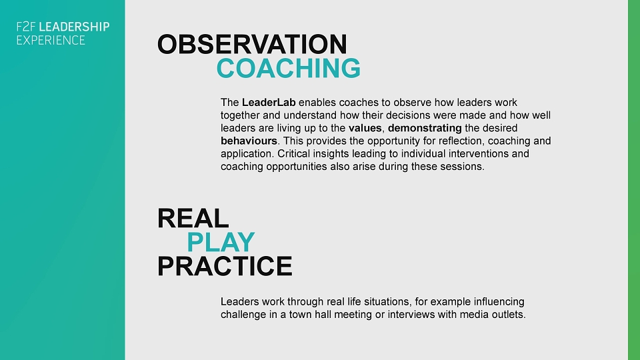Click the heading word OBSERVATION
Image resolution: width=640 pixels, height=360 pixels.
pyautogui.click(x=252, y=44)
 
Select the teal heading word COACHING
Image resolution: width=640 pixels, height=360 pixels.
pyautogui.click(x=289, y=68)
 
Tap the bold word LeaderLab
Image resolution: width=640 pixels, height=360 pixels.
pyautogui.click(x=269, y=102)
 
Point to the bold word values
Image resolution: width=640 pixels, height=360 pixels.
pyautogui.click(x=365, y=128)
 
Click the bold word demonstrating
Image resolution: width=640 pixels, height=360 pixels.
pyautogui.click(x=425, y=128)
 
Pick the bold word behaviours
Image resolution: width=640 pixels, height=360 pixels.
pyautogui.click(x=249, y=141)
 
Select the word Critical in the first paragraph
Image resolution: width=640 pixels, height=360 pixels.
pyautogui.click(x=293, y=153)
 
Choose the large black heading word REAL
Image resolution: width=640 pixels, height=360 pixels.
pyautogui.click(x=193, y=219)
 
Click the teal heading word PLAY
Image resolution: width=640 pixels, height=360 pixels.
pyautogui.click(x=221, y=242)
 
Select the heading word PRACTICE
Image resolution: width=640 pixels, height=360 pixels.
pyautogui.click(x=225, y=266)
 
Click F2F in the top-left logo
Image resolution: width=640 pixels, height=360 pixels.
pyautogui.click(x=26, y=27)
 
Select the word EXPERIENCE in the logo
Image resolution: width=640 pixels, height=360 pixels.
pyautogui.click(x=51, y=40)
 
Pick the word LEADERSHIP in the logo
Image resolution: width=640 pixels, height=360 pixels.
pyautogui.click(x=74, y=27)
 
